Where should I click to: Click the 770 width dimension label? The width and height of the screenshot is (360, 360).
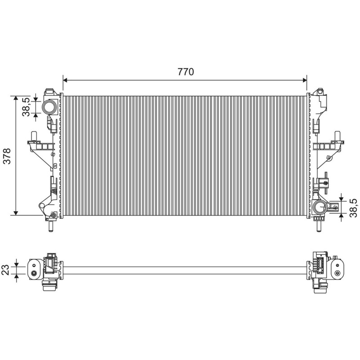point(185,72)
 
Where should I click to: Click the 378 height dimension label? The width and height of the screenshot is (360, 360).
point(7,156)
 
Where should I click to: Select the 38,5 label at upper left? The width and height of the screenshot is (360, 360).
point(26,107)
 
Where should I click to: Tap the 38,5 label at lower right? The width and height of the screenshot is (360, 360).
point(353,208)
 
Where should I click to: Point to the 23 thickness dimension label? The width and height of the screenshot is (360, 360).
point(5,270)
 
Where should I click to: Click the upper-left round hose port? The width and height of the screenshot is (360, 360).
point(49,107)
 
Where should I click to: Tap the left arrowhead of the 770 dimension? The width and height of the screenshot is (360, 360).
point(65,80)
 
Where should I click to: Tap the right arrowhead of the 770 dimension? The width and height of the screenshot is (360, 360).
point(305,80)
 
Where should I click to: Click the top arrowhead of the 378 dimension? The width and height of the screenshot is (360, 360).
point(16,98)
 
